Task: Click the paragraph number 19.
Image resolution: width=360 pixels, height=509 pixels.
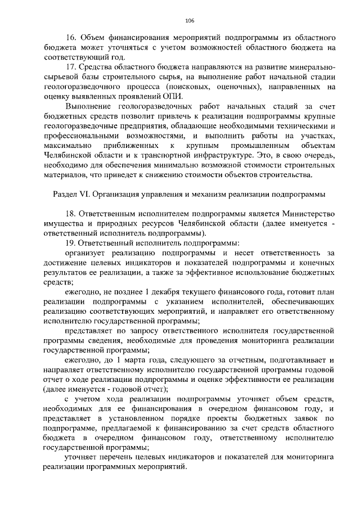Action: pyautogui.click(x=71, y=243)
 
